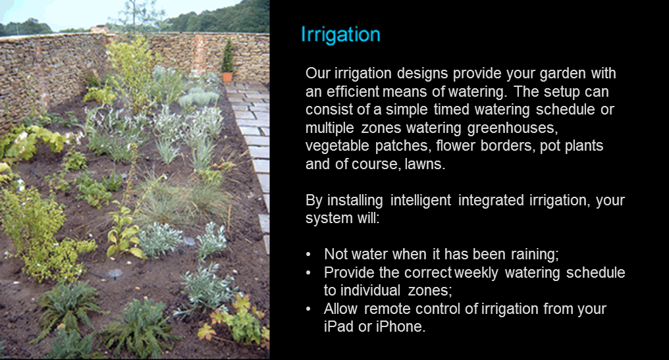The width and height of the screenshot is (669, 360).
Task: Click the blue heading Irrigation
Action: (x=340, y=34)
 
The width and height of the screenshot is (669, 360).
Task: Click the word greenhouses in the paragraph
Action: (x=512, y=128)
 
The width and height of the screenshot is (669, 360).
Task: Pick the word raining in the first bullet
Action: (x=535, y=254)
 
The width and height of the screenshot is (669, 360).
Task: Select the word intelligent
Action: (x=421, y=201)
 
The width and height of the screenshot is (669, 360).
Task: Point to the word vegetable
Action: (x=337, y=146)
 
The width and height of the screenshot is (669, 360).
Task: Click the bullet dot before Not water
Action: (x=308, y=255)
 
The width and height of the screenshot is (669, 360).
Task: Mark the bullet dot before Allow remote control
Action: (x=308, y=309)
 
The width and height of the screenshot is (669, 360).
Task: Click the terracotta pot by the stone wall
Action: (x=227, y=77)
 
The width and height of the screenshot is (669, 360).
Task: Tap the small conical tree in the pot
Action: (x=228, y=56)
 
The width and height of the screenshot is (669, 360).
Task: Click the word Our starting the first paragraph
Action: (x=317, y=73)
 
